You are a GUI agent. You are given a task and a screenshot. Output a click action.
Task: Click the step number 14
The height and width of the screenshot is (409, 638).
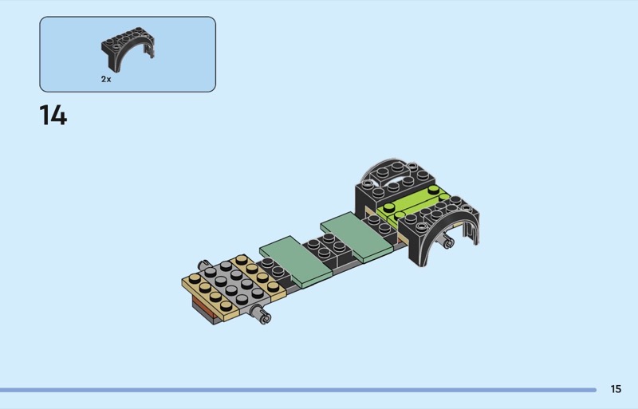pyautogui.click(x=53, y=115)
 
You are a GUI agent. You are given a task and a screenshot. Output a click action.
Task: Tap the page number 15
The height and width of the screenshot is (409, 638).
pyautogui.click(x=616, y=389)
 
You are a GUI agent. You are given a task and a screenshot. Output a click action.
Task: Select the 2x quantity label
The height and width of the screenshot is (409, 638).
pyautogui.click(x=106, y=80)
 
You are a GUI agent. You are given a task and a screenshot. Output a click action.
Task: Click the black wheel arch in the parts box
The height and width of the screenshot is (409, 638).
pyautogui.click(x=127, y=48)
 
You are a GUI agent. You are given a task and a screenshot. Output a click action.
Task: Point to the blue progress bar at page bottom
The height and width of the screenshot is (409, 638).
pyautogui.click(x=298, y=390)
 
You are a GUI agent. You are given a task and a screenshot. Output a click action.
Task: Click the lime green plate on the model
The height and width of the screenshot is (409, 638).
pyautogui.click(x=411, y=206)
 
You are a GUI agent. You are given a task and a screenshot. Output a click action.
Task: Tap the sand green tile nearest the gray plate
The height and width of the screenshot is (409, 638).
pyautogui.click(x=296, y=262)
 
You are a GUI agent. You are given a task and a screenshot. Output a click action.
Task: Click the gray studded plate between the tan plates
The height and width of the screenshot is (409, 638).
pyautogui.click(x=234, y=285)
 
